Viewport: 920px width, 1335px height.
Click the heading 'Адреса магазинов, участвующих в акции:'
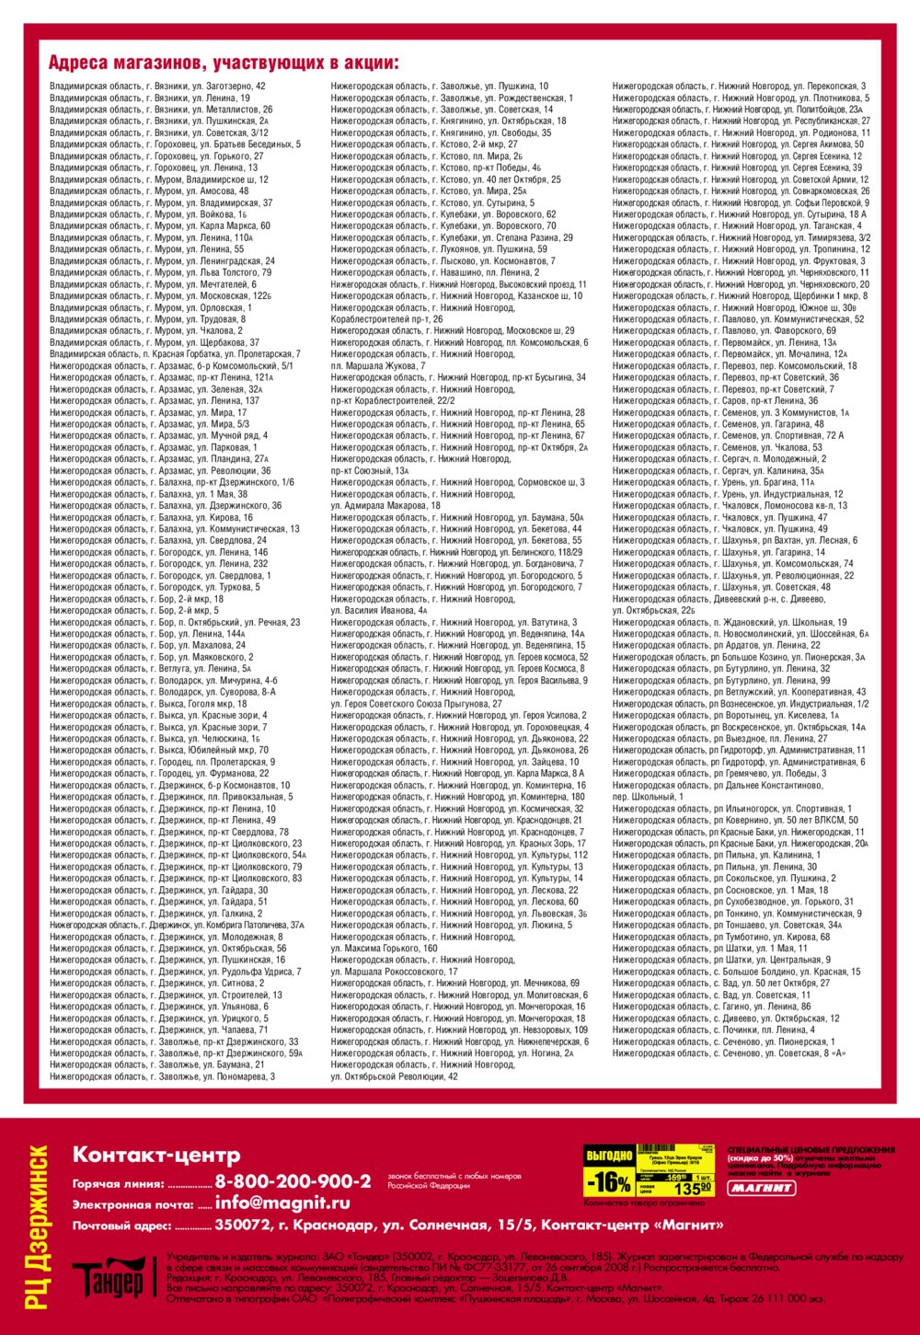[x=224, y=63]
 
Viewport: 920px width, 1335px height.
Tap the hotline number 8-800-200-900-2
[x=293, y=1181]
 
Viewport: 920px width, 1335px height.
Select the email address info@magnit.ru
[x=282, y=1203]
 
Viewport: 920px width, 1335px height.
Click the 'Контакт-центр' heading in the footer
[x=156, y=1155]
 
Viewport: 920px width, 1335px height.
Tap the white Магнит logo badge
[x=762, y=1188]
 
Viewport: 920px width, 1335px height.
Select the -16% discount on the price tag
[x=610, y=1181]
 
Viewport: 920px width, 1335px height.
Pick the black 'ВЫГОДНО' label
[x=609, y=1155]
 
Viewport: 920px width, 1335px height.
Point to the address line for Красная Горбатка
[x=175, y=354]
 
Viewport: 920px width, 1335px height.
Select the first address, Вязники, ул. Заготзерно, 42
[x=157, y=86]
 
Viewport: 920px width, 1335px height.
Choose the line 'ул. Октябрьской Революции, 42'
[x=395, y=1076]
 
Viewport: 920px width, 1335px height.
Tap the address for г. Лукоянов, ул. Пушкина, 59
[x=439, y=249]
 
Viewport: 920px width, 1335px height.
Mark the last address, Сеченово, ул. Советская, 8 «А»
[x=729, y=1053]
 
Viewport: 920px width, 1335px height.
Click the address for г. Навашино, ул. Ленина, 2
[x=435, y=272]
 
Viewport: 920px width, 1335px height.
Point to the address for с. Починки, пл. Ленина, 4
[x=713, y=1030]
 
